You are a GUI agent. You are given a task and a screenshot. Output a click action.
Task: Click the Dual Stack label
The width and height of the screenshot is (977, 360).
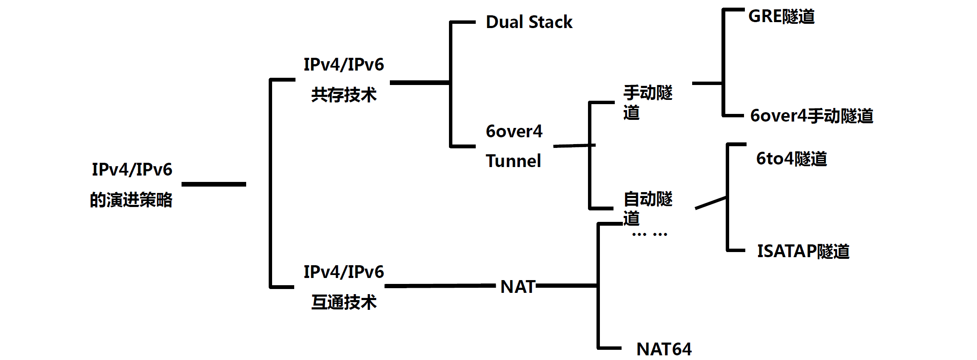pyautogui.click(x=529, y=22)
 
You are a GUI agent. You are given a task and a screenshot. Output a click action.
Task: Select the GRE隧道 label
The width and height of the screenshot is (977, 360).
pyautogui.click(x=781, y=17)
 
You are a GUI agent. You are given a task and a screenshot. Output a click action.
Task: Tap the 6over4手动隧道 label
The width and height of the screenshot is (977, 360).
pyautogui.click(x=811, y=116)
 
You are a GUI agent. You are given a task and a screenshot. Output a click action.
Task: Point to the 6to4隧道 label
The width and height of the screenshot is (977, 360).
pyautogui.click(x=791, y=159)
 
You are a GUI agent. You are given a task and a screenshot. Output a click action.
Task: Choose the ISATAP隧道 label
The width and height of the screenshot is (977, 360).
pyautogui.click(x=803, y=251)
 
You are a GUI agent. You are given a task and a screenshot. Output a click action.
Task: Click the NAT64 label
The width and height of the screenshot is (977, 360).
pyautogui.click(x=664, y=349)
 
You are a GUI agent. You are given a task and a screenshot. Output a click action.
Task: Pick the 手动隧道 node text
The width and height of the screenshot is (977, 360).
pyautogui.click(x=648, y=102)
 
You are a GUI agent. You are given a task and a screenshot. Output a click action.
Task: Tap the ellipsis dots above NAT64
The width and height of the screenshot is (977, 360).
pyautogui.click(x=649, y=234)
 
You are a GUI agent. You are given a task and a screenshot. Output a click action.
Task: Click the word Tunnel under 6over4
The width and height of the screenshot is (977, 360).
pyautogui.click(x=513, y=161)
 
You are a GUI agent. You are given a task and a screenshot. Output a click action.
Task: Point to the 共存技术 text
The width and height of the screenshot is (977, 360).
pyautogui.click(x=344, y=95)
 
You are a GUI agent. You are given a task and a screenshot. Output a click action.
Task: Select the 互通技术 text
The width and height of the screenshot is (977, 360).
pyautogui.click(x=344, y=302)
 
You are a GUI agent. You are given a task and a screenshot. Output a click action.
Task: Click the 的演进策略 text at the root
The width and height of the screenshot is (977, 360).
pyautogui.click(x=131, y=200)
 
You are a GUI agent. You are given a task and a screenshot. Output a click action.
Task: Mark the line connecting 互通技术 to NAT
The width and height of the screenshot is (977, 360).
pyautogui.click(x=440, y=286)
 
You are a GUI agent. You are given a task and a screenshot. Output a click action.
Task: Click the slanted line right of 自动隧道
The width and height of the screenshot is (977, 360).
pyautogui.click(x=710, y=203)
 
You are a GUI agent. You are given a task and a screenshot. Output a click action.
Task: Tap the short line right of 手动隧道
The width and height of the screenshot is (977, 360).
pyautogui.click(x=707, y=83)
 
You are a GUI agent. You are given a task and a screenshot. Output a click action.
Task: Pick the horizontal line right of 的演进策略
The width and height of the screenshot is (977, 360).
pyautogui.click(x=213, y=184)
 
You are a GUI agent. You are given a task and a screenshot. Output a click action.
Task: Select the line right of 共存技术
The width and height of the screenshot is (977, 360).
pyautogui.click(x=419, y=82)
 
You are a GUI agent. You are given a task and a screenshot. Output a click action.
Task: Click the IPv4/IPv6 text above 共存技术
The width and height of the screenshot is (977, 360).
pyautogui.click(x=344, y=65)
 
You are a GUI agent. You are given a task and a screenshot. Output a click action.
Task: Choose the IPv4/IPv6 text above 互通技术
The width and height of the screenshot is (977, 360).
pyautogui.click(x=344, y=272)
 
